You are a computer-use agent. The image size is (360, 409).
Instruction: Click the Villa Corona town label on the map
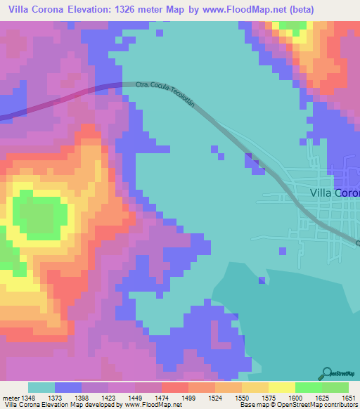335,193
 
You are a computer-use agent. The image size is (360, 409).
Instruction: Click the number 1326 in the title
141,9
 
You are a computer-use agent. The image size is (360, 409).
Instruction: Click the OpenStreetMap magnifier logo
328,373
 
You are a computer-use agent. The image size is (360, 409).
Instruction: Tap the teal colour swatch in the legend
41,387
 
